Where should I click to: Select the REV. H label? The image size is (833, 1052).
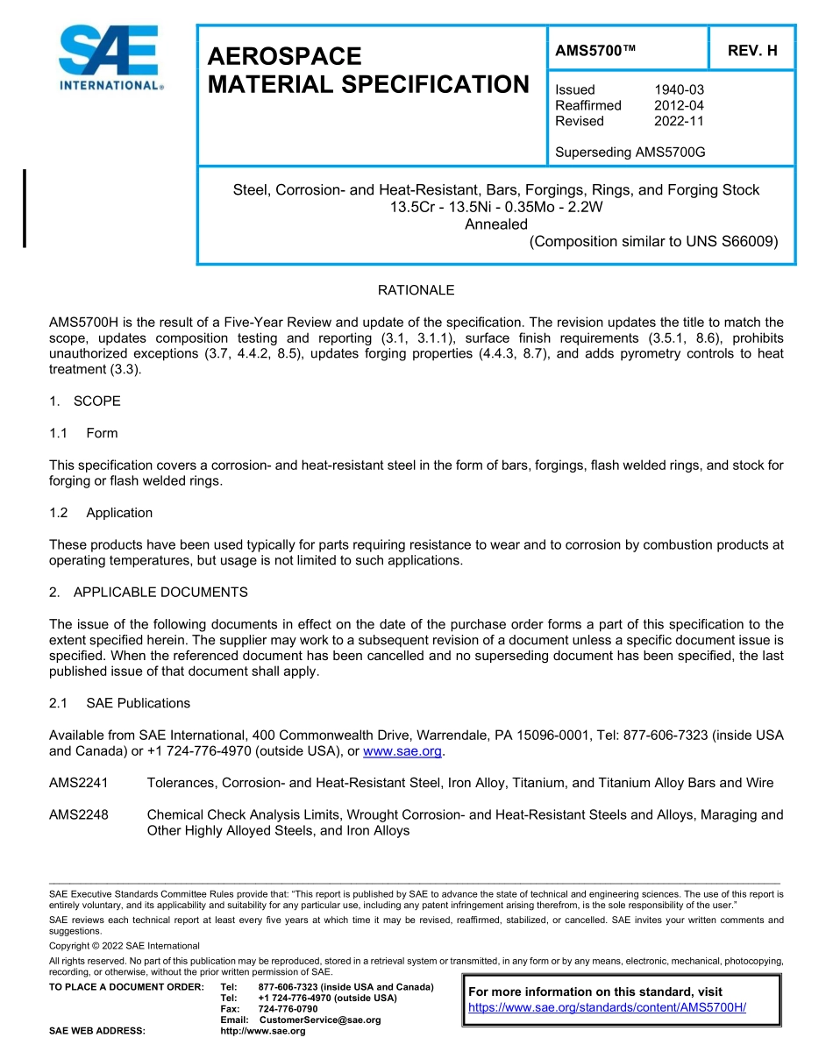(x=752, y=51)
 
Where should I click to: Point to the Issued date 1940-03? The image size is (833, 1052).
(x=679, y=89)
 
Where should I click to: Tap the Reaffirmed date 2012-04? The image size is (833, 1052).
(x=679, y=105)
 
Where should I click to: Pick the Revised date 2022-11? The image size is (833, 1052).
(x=679, y=121)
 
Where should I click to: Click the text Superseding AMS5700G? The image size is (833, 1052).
(x=630, y=153)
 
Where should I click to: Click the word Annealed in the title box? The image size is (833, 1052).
(x=496, y=224)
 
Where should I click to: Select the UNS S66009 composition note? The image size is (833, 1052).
(x=653, y=242)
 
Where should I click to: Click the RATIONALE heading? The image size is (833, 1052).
(x=416, y=290)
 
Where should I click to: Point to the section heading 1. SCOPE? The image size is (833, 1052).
(x=85, y=402)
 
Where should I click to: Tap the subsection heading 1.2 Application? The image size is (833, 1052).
(x=101, y=513)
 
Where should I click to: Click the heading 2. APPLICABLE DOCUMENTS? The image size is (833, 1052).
(x=148, y=593)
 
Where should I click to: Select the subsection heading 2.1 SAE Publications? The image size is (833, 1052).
(x=119, y=703)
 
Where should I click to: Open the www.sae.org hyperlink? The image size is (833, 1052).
(x=402, y=751)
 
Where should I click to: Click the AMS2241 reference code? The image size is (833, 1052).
(x=79, y=783)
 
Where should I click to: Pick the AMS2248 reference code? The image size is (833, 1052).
(x=79, y=814)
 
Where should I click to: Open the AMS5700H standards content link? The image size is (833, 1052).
(x=607, y=1007)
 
